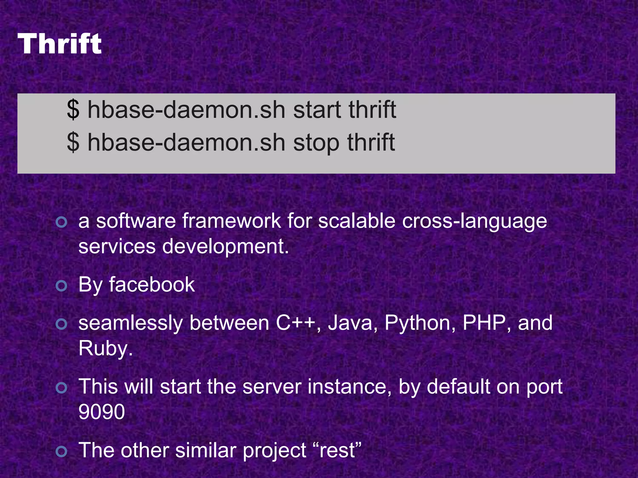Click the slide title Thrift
60,44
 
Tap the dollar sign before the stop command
73,142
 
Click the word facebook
152,284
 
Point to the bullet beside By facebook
61,286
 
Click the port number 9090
102,412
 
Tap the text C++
295,323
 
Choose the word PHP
484,323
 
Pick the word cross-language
474,221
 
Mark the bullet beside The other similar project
61,452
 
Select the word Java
350,323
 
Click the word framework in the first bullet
232,221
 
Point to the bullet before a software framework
61,222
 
